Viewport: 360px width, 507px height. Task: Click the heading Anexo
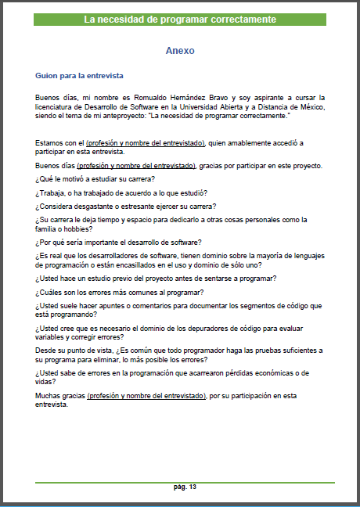tap(179, 50)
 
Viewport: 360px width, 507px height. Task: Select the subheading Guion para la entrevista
tap(79, 76)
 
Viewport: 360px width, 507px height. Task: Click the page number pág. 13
tap(185, 487)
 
